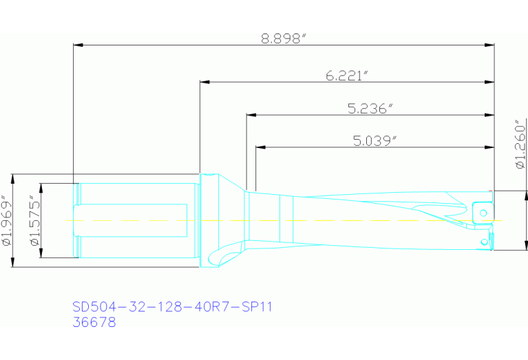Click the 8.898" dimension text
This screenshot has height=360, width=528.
(x=283, y=39)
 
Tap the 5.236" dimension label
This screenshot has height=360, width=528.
(x=370, y=108)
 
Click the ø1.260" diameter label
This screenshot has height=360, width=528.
(x=520, y=145)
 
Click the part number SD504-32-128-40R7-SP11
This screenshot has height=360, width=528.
(x=173, y=306)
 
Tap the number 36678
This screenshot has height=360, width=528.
(x=94, y=321)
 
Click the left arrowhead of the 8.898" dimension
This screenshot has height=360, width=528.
(x=78, y=45)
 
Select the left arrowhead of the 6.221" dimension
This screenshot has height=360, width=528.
(x=204, y=82)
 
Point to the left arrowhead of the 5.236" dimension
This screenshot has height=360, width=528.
(x=250, y=115)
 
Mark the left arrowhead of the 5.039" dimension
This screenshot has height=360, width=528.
(x=260, y=147)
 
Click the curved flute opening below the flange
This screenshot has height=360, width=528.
(x=222, y=255)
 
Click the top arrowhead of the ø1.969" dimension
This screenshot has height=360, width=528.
(x=14, y=177)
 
